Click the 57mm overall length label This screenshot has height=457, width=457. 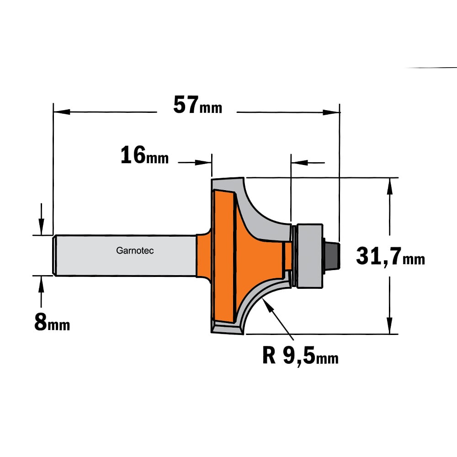(197, 105)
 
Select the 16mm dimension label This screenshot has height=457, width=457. (144, 155)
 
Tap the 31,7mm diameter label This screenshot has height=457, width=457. (390, 256)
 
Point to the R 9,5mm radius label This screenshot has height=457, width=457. (300, 355)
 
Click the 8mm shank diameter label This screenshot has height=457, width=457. (52, 322)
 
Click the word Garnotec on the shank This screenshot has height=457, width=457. (135, 250)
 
